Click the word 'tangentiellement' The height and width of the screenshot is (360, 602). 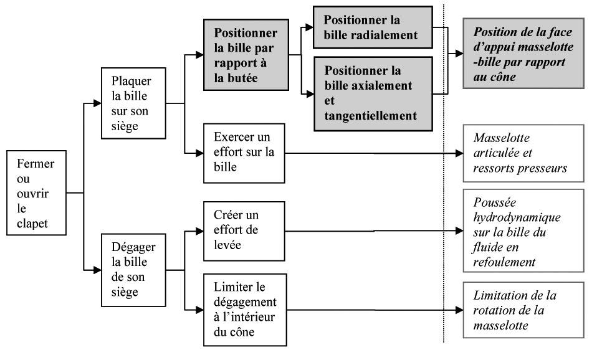click(371, 115)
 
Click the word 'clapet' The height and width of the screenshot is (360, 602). click(32, 224)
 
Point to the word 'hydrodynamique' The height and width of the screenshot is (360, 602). click(517, 217)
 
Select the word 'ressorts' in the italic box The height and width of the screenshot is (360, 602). click(492, 168)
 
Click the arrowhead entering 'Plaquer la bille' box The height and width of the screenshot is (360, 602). click(97, 103)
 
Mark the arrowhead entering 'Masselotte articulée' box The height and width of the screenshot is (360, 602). click(459, 153)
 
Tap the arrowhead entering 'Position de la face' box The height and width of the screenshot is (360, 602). click(459, 54)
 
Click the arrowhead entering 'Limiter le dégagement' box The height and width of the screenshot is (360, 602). click(199, 310)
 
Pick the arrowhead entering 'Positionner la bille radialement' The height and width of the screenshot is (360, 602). click(309, 27)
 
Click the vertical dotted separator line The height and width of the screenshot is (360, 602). click(444, 173)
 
